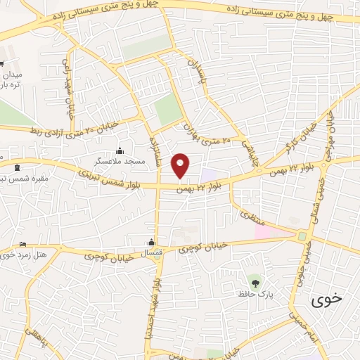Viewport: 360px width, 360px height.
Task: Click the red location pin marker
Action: (x=181, y=165)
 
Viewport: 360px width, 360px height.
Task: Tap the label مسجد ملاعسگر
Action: (x=124, y=162)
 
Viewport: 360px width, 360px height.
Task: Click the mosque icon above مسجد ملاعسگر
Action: (x=120, y=150)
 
